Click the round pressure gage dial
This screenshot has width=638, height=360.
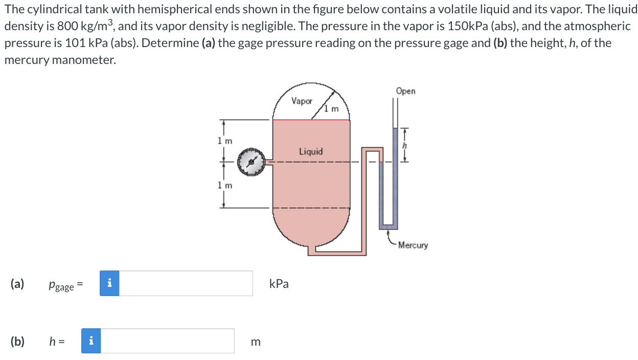[250, 162]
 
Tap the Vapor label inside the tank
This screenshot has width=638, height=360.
[302, 101]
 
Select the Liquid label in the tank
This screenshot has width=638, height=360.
[311, 151]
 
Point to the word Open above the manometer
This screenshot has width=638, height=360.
[405, 91]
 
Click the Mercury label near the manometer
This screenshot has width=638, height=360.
[413, 245]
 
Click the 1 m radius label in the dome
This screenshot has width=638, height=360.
[332, 108]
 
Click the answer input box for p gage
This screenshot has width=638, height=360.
[186, 283]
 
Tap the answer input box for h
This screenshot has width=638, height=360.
[168, 341]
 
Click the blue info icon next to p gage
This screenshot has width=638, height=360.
[109, 283]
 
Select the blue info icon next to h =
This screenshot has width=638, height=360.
[91, 341]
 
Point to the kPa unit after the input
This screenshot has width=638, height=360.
[279, 284]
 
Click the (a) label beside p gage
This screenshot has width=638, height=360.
[17, 284]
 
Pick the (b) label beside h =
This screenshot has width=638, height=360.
[17, 341]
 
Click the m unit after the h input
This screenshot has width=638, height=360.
[256, 342]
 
